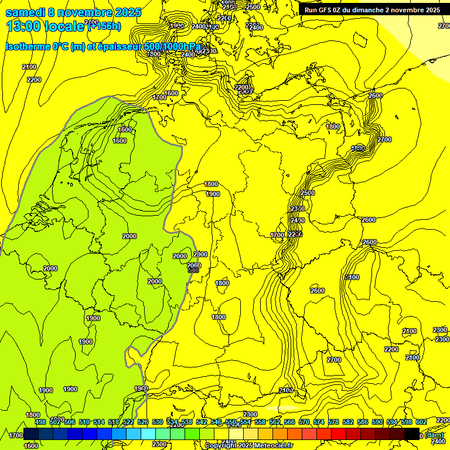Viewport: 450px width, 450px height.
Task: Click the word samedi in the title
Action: pos(26,12)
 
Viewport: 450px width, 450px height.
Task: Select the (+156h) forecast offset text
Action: pos(104,26)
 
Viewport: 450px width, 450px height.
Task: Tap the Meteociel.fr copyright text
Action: pos(249,446)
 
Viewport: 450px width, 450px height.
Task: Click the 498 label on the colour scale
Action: pos(40,422)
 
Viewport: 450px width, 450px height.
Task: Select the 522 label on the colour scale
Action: pos(128,422)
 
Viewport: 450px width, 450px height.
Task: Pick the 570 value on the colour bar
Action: pos(304,422)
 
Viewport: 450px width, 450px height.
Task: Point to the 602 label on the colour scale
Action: pos(421,422)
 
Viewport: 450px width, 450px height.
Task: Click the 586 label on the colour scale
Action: pos(363,422)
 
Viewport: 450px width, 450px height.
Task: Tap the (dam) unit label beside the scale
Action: pos(433,435)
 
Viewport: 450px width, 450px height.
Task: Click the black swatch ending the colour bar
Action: pos(412,434)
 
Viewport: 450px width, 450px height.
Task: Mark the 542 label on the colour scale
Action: pos(202,422)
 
